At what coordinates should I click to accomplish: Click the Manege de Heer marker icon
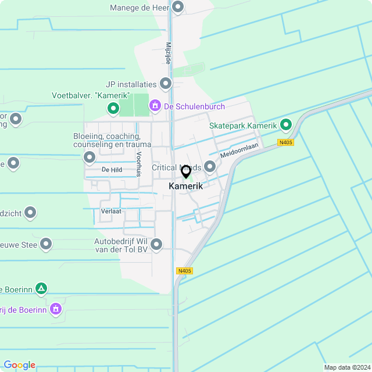[x=178, y=8]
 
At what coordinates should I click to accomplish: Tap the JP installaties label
[x=131, y=84]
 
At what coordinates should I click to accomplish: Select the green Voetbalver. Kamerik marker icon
[x=113, y=108]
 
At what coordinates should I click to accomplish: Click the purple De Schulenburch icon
[x=155, y=106]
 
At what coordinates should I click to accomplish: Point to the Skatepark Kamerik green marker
[x=285, y=125]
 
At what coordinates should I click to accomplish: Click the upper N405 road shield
[x=285, y=142]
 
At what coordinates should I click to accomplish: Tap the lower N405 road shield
[x=184, y=271]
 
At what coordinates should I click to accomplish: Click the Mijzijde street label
[x=168, y=52]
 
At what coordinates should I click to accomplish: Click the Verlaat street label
[x=110, y=211]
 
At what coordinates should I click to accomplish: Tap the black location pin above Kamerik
[x=186, y=171]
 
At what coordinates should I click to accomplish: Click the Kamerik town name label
[x=186, y=186]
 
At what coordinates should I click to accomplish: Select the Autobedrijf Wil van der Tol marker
[x=162, y=245]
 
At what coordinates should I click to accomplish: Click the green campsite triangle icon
[x=41, y=288]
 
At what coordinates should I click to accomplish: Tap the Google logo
[x=19, y=365]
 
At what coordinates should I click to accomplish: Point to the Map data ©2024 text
[x=346, y=367]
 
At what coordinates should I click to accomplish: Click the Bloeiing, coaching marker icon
[x=90, y=158]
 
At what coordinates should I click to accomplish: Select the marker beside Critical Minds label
[x=209, y=167]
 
